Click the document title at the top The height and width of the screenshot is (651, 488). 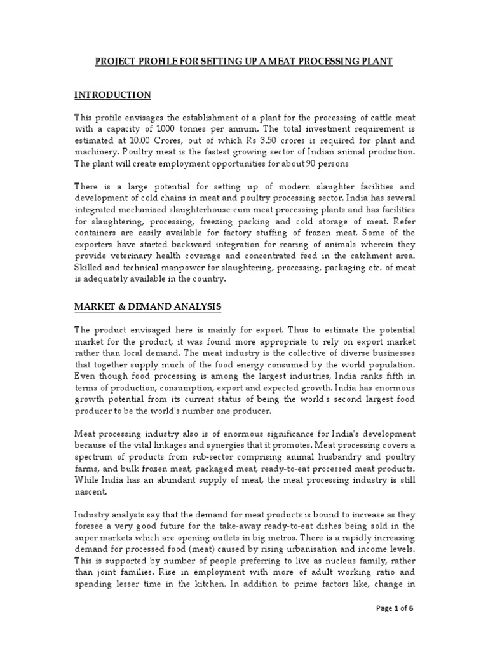click(244, 61)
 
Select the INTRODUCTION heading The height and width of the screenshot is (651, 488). click(112, 95)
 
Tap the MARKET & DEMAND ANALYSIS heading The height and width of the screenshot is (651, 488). click(147, 306)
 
